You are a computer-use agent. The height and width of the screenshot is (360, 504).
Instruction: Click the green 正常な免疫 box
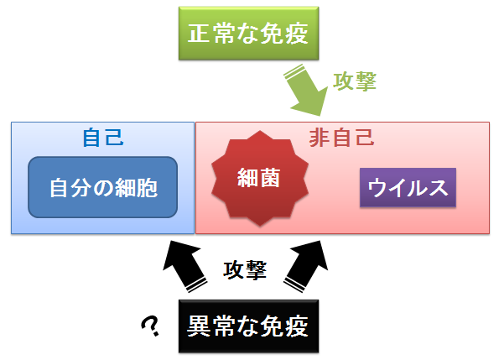[248, 33]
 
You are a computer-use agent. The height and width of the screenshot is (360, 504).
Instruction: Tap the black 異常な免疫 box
[248, 326]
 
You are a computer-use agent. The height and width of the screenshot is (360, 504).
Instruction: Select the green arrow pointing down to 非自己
[306, 90]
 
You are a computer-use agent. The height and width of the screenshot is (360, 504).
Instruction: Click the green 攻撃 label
[355, 81]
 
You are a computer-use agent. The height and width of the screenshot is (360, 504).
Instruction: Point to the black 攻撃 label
[245, 269]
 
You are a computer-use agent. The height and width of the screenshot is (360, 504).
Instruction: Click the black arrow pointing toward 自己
[184, 266]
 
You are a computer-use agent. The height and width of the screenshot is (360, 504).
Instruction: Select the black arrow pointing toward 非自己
[306, 266]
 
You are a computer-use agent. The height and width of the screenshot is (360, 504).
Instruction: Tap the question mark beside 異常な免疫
[150, 326]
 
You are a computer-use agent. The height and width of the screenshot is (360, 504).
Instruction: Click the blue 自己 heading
[103, 138]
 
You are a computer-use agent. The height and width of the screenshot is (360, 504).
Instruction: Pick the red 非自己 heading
[341, 138]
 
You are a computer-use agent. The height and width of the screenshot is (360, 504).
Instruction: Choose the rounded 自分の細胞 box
[103, 187]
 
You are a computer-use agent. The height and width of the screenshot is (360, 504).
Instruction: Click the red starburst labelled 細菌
[260, 178]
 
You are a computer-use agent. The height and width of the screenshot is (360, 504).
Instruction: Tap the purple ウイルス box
[408, 187]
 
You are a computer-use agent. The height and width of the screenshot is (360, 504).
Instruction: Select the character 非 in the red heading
[320, 138]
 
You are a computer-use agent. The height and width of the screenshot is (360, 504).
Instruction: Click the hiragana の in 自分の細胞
[103, 188]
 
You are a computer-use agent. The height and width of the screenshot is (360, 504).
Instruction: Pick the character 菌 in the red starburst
[270, 177]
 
